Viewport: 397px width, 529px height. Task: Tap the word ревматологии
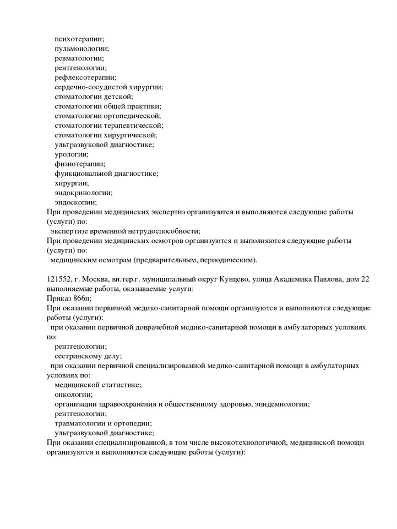pos(79,58)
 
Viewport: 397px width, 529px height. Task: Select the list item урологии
pos(71,154)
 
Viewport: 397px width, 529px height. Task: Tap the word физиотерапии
pos(80,164)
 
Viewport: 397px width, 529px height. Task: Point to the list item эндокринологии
pos(83,193)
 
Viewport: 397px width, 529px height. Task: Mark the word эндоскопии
pos(75,202)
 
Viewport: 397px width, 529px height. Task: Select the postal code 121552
pos(60,279)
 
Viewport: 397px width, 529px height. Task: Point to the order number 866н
pos(80,299)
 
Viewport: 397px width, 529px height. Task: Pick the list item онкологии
pos(73,395)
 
